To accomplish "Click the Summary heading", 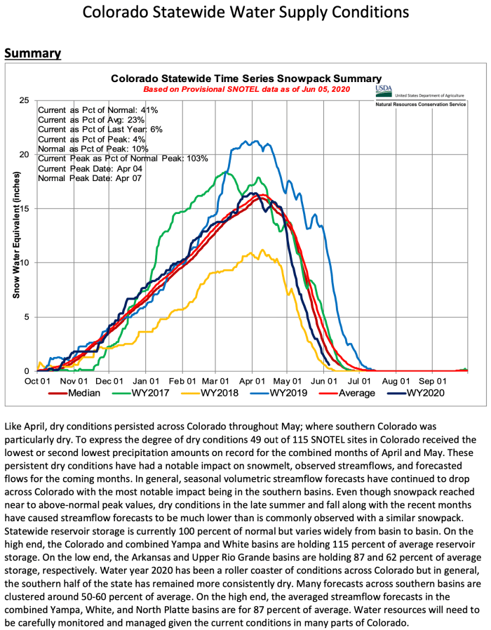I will click(x=32, y=53).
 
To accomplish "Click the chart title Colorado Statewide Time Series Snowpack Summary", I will click(x=245, y=79).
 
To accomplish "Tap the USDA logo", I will click(x=384, y=90).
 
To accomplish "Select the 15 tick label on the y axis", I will click(x=25, y=208).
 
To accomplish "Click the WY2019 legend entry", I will click(x=288, y=392).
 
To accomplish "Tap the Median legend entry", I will click(x=77, y=392).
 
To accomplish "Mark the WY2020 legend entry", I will click(x=422, y=392).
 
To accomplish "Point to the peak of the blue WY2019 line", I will click(x=245, y=140).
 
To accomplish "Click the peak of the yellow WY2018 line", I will click(x=262, y=249).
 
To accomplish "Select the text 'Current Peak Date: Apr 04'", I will click(x=88, y=168).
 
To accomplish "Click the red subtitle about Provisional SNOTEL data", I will click(x=245, y=90).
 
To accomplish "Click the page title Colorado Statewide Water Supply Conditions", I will click(x=245, y=13).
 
